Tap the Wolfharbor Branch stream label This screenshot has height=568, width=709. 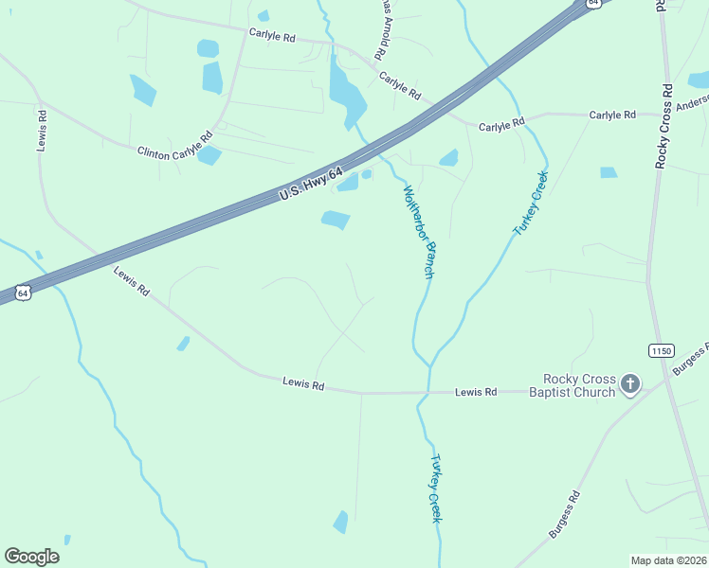(x=418, y=231)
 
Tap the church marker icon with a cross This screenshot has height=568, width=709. (x=629, y=383)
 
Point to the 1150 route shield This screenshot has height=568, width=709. (x=662, y=350)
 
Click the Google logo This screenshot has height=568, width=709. (x=31, y=557)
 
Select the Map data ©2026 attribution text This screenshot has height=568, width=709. (x=667, y=560)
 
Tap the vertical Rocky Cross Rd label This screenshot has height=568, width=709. (x=664, y=126)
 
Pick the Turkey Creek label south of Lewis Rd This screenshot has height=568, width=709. (x=435, y=488)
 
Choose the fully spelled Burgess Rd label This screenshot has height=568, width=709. (x=563, y=515)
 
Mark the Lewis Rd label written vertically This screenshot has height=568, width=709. (x=42, y=131)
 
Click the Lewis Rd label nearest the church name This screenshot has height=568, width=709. (x=476, y=391)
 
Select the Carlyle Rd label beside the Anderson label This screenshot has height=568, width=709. (x=612, y=115)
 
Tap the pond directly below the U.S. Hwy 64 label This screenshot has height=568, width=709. (x=336, y=221)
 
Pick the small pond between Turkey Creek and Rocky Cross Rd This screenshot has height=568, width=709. (x=609, y=172)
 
